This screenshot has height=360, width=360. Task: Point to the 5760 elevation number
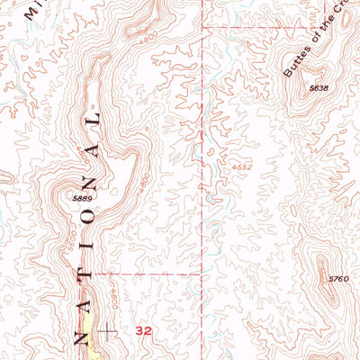pyautogui.click(x=337, y=279)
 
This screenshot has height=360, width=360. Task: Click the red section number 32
pyautogui.click(x=143, y=331)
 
